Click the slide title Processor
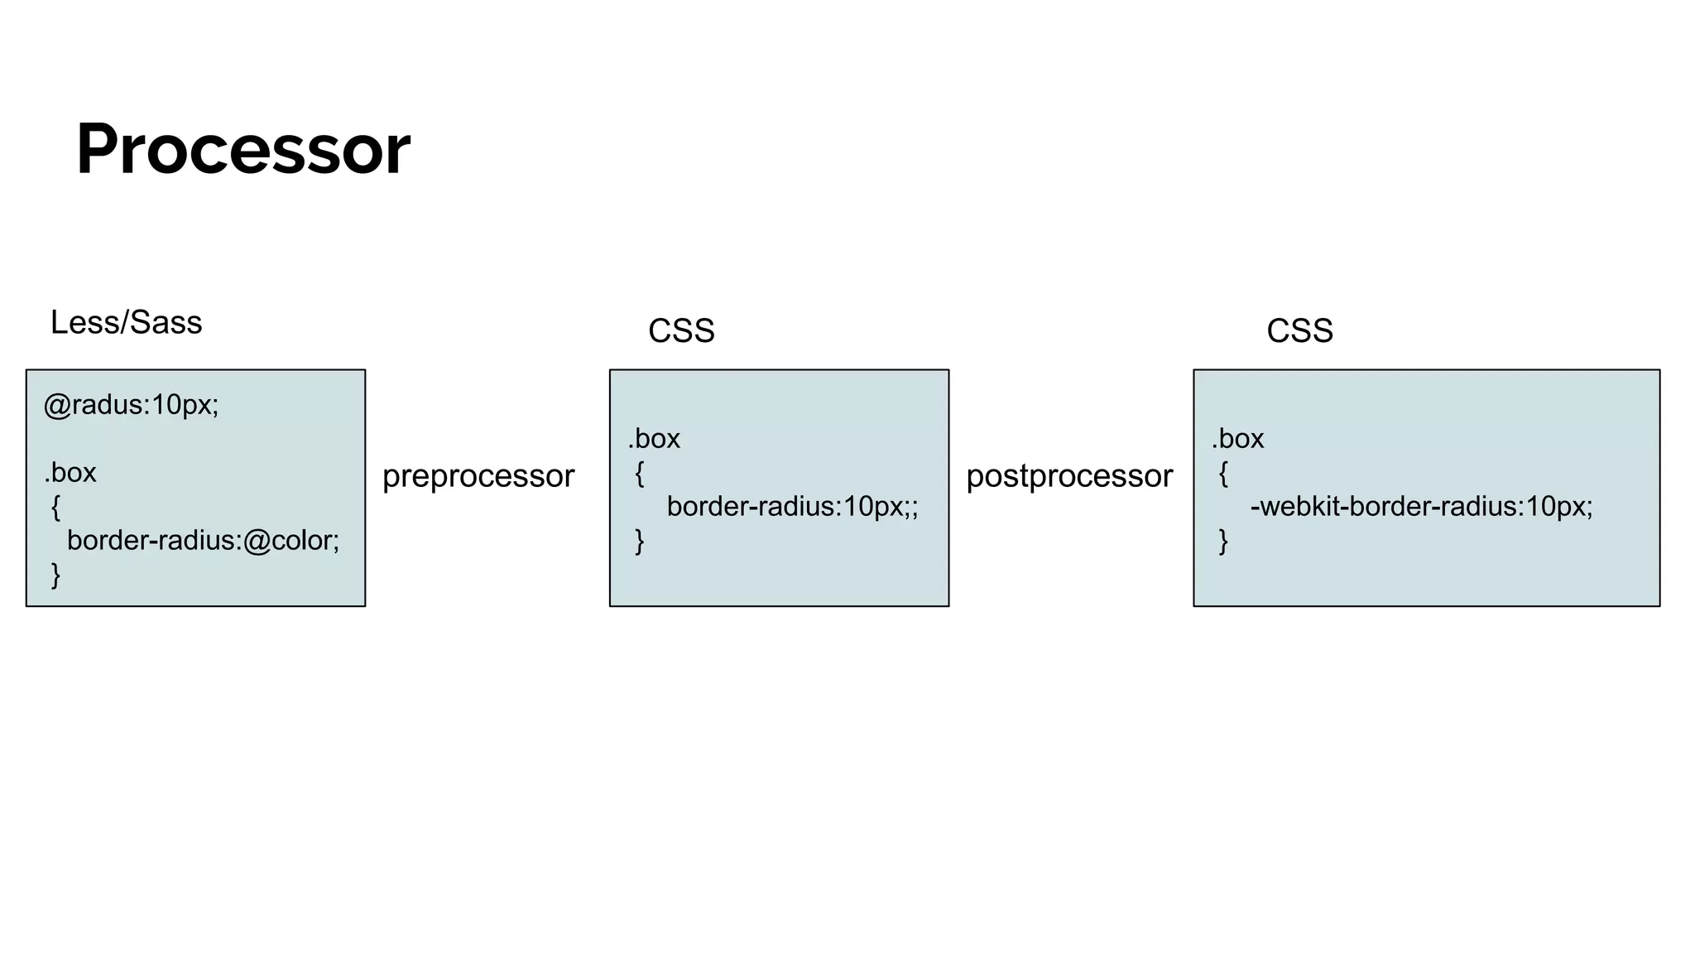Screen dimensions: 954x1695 tap(242, 149)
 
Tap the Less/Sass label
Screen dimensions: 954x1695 tap(126, 322)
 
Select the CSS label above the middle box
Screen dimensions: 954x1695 tap(680, 330)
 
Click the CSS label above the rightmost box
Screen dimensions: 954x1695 tap(1299, 330)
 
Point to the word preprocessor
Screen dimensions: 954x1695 tap(478, 476)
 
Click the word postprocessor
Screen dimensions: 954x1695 tap(1068, 476)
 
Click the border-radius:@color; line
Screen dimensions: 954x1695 tap(203, 540)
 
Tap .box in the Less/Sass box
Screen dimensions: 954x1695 tap(70, 473)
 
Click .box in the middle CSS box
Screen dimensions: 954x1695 tap(654, 439)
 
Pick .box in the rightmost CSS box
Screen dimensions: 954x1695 tap(1238, 439)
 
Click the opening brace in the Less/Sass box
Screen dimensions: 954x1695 tap(55, 507)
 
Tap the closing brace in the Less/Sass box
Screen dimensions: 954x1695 tap(55, 575)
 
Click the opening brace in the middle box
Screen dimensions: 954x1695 tap(639, 474)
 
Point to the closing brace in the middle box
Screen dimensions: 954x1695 tap(639, 542)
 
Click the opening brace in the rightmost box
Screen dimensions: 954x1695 tap(1223, 474)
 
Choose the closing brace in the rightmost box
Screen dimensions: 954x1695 tap(1223, 542)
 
